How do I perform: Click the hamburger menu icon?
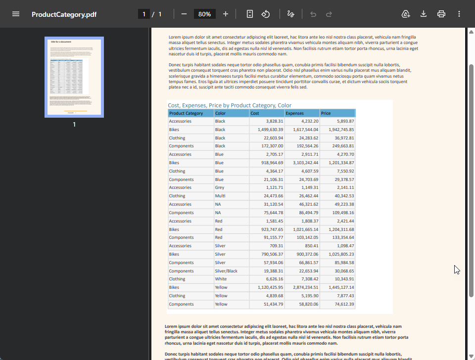tap(16, 14)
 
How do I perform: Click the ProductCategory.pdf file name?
tap(64, 14)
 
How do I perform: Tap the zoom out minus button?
tap(184, 14)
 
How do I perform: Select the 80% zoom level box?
tap(204, 14)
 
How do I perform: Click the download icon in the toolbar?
tap(424, 14)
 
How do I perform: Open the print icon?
tap(441, 14)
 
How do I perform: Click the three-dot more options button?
tap(459, 14)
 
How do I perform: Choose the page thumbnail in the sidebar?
tap(74, 77)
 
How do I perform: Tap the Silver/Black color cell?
tap(226, 271)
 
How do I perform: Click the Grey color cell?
tap(220, 187)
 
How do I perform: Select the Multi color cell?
tap(220, 196)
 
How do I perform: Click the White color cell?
tap(221, 279)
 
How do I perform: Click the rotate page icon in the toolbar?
tap(266, 14)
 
